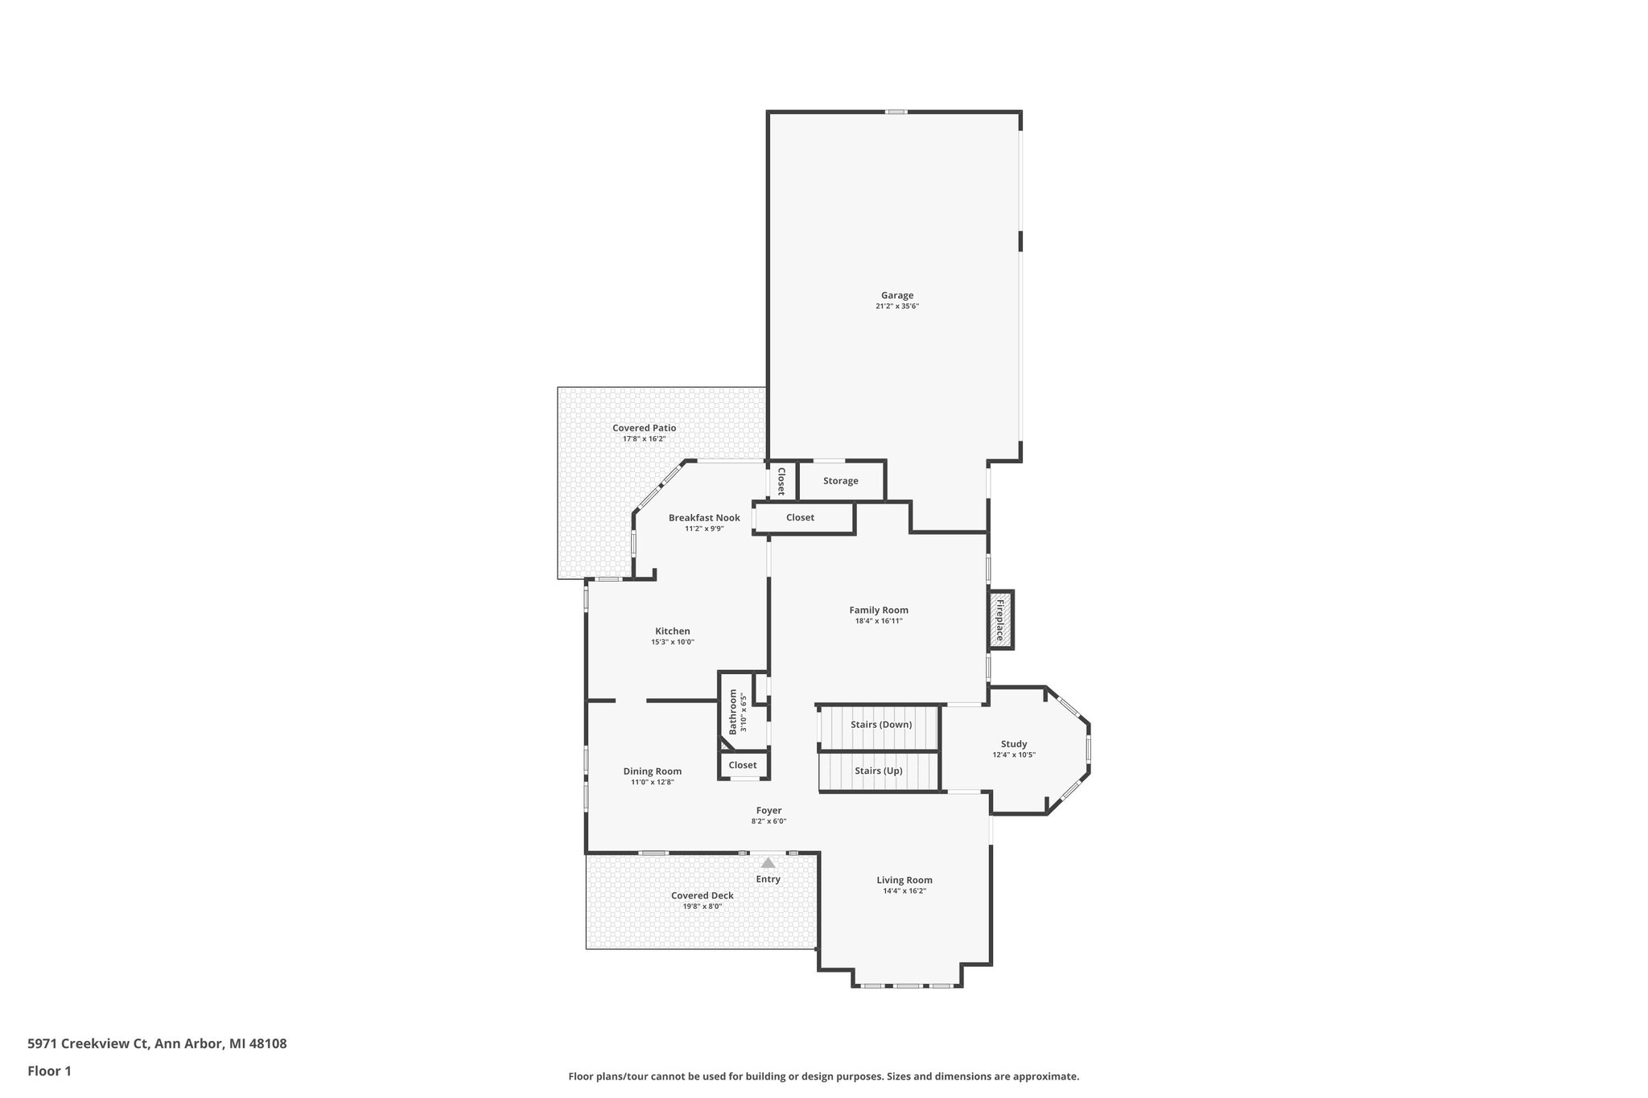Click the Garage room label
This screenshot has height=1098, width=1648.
(896, 295)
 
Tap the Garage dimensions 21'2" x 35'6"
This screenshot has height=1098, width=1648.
(896, 306)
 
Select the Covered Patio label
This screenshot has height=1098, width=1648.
(644, 428)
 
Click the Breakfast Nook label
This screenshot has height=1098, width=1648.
(704, 518)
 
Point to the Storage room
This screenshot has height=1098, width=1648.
(841, 481)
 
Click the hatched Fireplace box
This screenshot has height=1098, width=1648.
(1000, 620)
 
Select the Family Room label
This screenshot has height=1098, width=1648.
(879, 611)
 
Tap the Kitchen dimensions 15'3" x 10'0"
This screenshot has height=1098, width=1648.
(672, 642)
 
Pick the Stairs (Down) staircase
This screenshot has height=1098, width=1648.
(881, 725)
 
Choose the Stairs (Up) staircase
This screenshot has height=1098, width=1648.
(879, 771)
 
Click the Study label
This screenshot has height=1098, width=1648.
(1014, 744)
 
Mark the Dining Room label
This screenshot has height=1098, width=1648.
(652, 771)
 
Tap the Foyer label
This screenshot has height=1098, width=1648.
(768, 811)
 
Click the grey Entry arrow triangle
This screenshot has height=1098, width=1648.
(768, 863)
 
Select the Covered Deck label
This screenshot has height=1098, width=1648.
(702, 895)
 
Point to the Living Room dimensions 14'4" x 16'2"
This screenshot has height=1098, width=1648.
(904, 891)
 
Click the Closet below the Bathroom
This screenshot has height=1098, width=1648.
(743, 766)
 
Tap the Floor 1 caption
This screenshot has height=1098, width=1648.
(50, 1071)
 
